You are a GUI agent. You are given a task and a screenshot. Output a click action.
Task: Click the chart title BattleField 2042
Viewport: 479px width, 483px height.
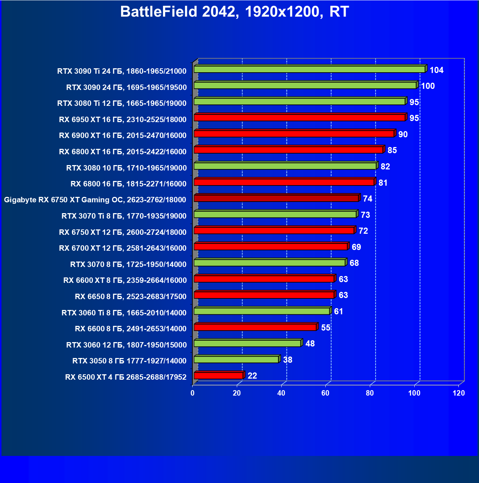pos(234,12)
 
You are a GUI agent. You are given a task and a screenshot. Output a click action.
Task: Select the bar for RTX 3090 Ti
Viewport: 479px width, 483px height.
pos(309,69)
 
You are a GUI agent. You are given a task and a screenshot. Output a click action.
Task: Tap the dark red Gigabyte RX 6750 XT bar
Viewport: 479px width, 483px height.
pos(276,198)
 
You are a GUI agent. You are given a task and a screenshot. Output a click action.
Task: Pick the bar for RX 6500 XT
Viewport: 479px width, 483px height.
pos(218,376)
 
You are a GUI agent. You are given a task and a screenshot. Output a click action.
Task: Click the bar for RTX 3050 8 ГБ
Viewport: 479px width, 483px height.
pos(236,359)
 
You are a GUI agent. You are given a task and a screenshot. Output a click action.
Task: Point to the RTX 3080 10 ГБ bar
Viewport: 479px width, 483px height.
pos(285,166)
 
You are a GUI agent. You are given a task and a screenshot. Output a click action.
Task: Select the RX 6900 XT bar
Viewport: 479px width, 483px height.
pos(294,134)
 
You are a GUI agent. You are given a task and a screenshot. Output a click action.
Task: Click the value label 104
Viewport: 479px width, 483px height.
pos(436,70)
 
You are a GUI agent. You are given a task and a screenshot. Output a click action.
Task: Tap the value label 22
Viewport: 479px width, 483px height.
pos(252,376)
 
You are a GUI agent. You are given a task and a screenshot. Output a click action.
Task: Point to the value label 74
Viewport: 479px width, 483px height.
pos(368,199)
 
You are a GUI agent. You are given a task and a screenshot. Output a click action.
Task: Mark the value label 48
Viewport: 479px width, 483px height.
pos(310,344)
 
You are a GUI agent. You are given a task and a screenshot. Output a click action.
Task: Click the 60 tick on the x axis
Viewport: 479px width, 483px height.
pos(325,393)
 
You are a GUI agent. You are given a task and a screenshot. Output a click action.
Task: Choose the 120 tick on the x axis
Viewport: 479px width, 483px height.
pos(459,393)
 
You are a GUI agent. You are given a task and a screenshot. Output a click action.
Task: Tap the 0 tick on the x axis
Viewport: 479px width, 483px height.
pos(192,393)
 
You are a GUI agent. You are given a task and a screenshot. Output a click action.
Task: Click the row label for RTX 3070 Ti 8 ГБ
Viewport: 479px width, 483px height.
pos(124,216)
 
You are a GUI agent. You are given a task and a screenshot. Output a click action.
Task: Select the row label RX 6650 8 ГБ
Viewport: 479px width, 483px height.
pos(131,297)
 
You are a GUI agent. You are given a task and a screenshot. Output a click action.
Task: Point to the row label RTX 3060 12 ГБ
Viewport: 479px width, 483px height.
pos(127,345)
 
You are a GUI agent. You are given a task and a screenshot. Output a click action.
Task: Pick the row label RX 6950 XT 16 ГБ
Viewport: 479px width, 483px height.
pos(123,120)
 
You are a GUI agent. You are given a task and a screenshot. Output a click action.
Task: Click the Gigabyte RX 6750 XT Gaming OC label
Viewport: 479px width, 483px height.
pos(95,200)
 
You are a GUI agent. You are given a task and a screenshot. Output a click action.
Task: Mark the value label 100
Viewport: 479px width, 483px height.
pos(428,86)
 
